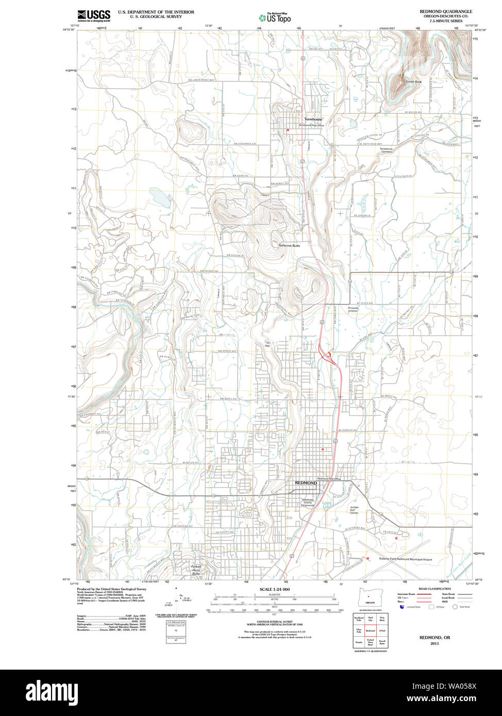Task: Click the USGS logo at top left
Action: tap(93, 15)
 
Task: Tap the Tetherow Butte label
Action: tap(289, 246)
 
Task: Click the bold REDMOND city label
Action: tap(306, 483)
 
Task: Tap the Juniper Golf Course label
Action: tap(354, 510)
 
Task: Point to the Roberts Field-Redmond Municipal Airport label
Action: tap(405, 559)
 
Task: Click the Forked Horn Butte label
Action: tap(196, 570)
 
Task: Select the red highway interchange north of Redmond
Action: tap(327, 355)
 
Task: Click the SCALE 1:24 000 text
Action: tap(275, 589)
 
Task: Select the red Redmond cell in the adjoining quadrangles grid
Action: tap(370, 630)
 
